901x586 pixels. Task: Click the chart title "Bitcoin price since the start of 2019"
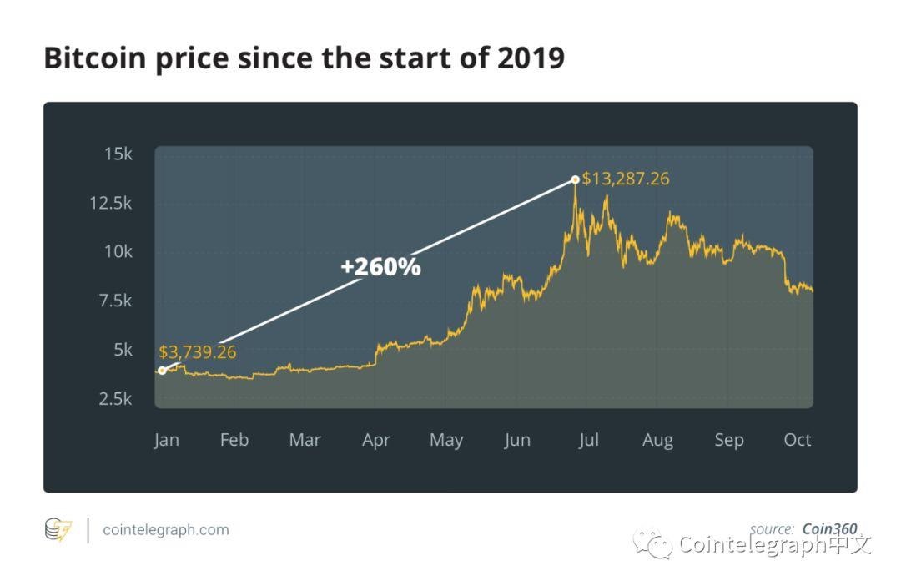tap(304, 58)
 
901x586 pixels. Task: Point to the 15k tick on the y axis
tap(118, 154)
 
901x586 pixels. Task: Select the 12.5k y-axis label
tap(110, 203)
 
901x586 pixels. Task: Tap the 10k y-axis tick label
tap(118, 251)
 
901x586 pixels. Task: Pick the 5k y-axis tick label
tap(122, 349)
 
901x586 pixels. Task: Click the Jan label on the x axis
tap(166, 440)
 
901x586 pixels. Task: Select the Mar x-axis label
tap(305, 440)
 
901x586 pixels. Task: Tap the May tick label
tap(445, 440)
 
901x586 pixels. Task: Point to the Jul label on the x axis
tap(588, 440)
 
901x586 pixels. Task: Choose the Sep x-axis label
tap(728, 440)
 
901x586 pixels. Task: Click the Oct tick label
tap(797, 440)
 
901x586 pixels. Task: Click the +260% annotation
tap(380, 267)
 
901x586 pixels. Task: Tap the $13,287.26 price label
tap(626, 179)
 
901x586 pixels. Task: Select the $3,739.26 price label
tap(198, 352)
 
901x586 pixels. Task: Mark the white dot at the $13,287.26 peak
tap(575, 179)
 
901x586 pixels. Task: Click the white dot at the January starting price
tap(162, 371)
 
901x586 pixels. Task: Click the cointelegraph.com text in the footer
tap(165, 529)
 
